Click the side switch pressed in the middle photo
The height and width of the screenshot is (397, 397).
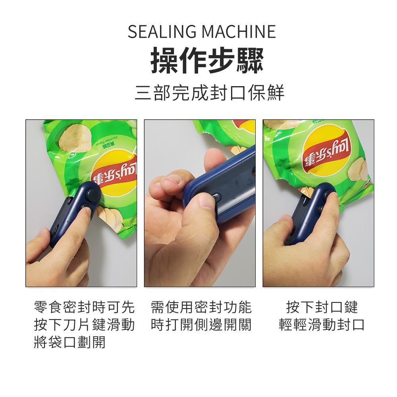(216, 197)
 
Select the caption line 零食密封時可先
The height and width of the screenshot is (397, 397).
(85, 307)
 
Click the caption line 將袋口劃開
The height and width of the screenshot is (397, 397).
(70, 342)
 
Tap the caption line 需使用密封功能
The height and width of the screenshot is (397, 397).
(201, 307)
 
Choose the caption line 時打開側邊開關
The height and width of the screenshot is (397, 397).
(201, 325)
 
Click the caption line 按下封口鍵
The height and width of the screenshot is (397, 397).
(322, 307)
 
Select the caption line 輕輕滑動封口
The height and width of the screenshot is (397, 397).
(322, 325)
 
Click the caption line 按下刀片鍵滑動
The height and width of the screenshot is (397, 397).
(85, 325)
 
